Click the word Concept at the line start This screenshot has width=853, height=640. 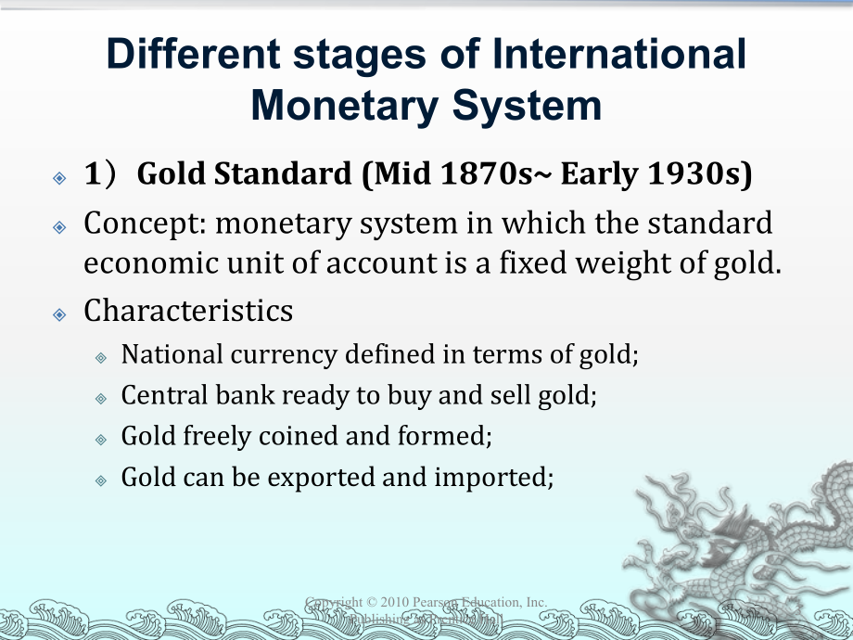pyautogui.click(x=137, y=224)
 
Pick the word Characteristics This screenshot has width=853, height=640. pyautogui.click(x=188, y=311)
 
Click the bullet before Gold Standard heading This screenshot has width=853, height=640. pyautogui.click(x=59, y=176)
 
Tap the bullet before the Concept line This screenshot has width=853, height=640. pyautogui.click(x=59, y=226)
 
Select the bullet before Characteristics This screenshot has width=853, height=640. pyautogui.click(x=59, y=314)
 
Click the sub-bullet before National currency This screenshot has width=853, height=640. pyautogui.click(x=101, y=356)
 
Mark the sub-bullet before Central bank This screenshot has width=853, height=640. pyautogui.click(x=101, y=398)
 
